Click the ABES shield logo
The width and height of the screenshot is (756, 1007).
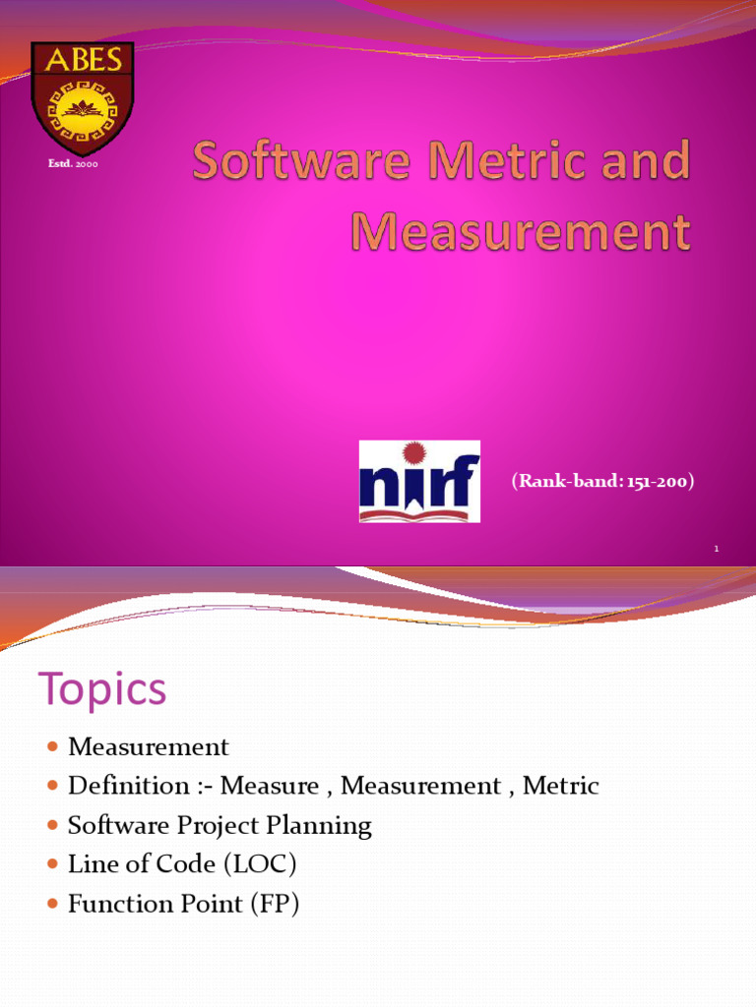tap(82, 98)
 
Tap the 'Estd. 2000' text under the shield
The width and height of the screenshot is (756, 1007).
tap(73, 163)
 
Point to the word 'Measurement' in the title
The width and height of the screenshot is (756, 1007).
tap(521, 232)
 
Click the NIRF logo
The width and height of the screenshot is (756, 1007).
tap(419, 481)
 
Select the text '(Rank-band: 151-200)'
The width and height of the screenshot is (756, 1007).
tap(602, 481)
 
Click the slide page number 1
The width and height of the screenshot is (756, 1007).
tap(717, 549)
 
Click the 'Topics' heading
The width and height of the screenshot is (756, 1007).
tap(102, 689)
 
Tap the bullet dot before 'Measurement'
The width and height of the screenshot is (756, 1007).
tap(53, 747)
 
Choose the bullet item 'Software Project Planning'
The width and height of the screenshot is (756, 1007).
tap(220, 825)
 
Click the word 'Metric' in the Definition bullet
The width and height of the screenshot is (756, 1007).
tap(560, 786)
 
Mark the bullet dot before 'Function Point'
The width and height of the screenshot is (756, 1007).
tap(53, 905)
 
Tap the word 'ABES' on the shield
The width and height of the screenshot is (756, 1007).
tap(82, 60)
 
